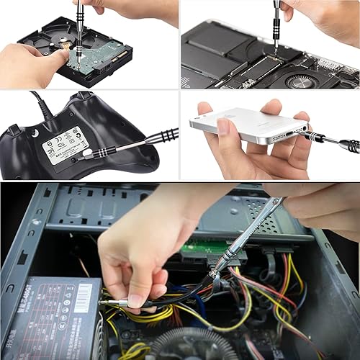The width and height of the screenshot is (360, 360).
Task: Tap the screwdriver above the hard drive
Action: [x=79, y=22]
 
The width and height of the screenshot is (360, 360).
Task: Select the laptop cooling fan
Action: [x=303, y=79]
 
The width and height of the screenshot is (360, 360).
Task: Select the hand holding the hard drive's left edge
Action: [x=29, y=65]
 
